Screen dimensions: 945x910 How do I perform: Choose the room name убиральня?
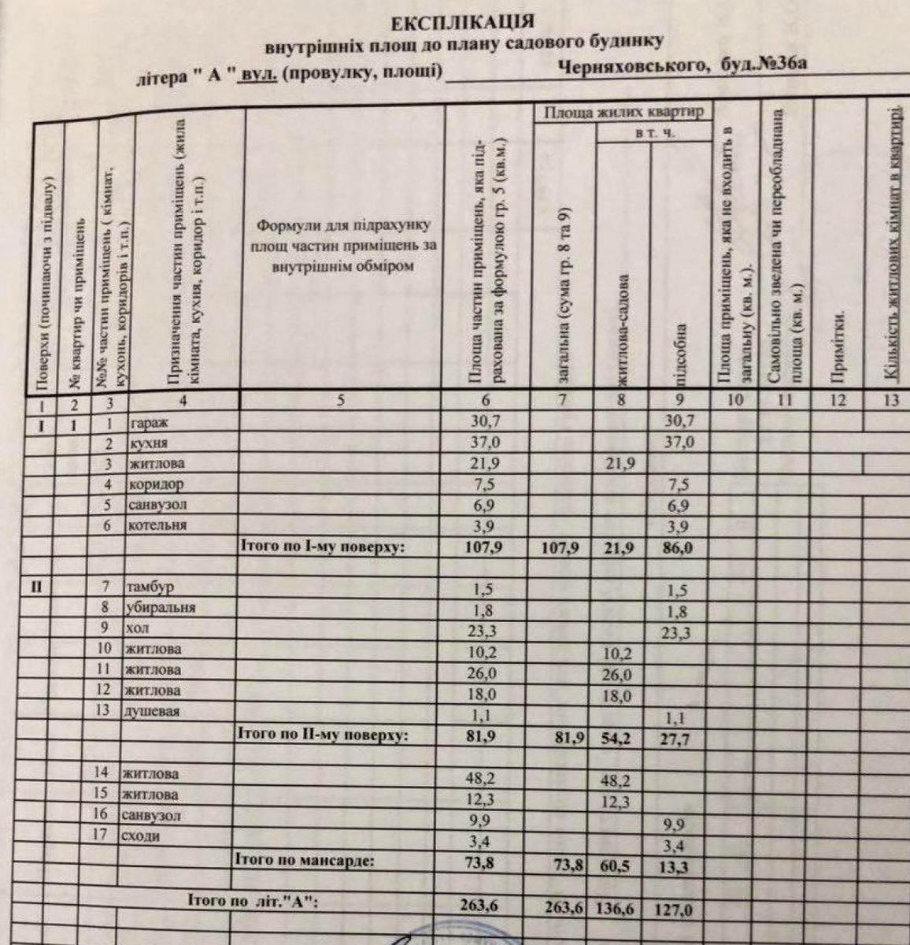[x=161, y=607]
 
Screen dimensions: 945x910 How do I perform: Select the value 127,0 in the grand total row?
[x=673, y=910]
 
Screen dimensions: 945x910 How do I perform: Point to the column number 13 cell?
[x=890, y=400]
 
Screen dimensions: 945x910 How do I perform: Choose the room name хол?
[x=136, y=628]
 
